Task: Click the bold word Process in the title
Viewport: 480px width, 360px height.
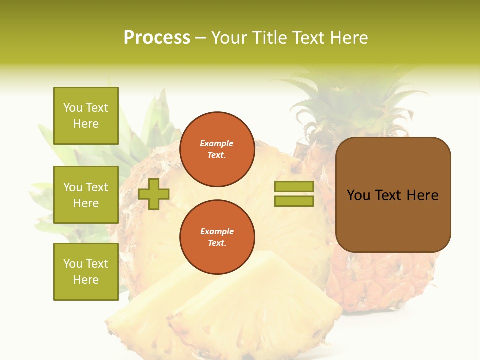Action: [157, 38]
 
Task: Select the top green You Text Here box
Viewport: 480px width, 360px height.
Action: [86, 116]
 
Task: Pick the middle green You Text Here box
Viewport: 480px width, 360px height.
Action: [86, 195]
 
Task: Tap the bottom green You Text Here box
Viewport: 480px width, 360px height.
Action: [86, 271]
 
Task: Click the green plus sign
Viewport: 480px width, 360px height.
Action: [154, 194]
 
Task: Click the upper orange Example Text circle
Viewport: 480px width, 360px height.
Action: [217, 149]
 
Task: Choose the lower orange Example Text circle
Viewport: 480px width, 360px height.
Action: [217, 237]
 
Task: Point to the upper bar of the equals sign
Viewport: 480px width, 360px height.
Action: [294, 187]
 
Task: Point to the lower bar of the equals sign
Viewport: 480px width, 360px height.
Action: [294, 201]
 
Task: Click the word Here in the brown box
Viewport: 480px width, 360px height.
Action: [422, 195]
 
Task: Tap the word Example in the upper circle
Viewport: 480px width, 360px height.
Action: [217, 144]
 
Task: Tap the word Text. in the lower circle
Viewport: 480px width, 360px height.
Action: [217, 243]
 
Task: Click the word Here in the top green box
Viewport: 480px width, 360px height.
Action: [86, 124]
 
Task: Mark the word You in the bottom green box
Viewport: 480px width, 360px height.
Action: [73, 264]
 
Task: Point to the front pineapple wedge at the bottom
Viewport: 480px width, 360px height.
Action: [255, 310]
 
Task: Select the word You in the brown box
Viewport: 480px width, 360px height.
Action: [358, 195]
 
